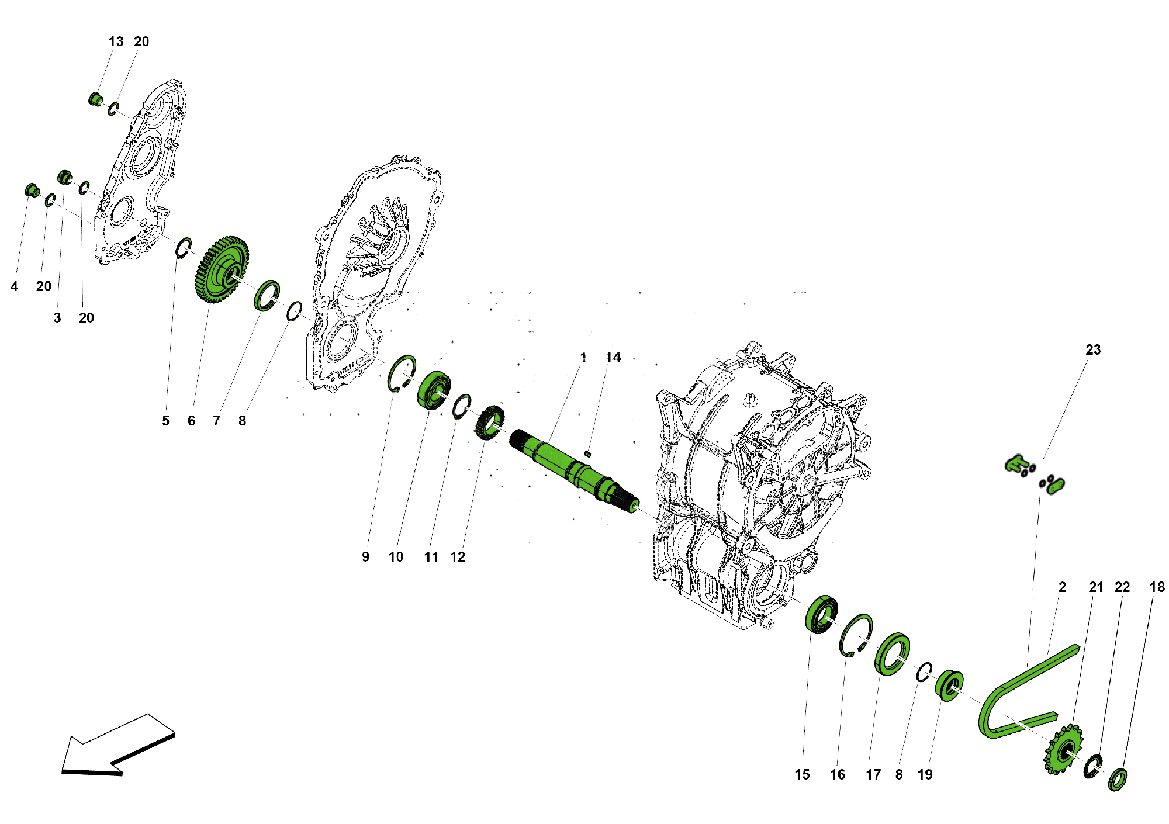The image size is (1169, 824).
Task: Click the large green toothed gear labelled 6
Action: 221,269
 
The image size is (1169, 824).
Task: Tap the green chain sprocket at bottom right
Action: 1063,750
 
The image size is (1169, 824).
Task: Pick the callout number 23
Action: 1093,349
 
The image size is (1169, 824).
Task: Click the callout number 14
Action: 613,357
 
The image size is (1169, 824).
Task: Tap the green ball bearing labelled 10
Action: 434,390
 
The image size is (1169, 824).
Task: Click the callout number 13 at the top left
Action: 116,41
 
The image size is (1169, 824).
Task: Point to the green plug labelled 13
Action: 95,99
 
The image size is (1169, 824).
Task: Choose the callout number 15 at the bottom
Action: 802,774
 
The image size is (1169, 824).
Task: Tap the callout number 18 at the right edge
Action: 1157,587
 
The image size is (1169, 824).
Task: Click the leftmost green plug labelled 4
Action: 32,190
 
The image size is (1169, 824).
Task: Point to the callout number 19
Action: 925,774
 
